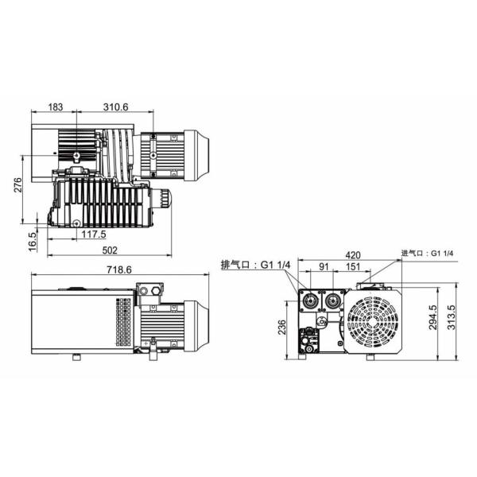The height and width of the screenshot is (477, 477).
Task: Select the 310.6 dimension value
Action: (x=115, y=107)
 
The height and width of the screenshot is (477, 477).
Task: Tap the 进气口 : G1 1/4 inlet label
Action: (x=428, y=253)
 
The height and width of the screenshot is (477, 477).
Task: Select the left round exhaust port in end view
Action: (x=308, y=302)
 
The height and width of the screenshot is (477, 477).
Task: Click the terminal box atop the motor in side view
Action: (x=148, y=292)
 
